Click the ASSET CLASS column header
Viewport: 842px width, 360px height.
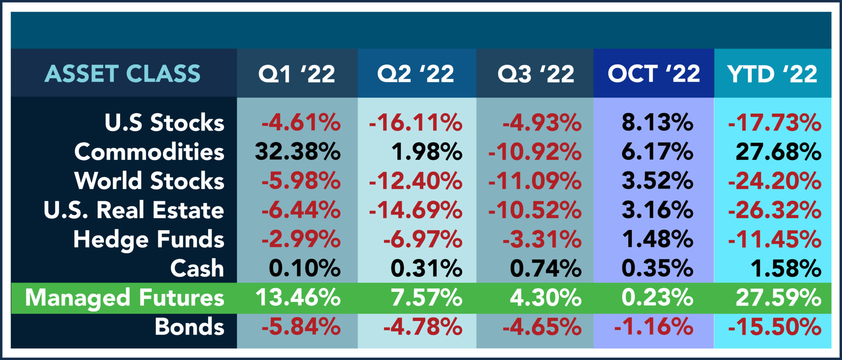click(x=123, y=74)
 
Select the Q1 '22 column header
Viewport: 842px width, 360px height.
click(x=297, y=74)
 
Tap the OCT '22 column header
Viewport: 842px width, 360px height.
click(x=654, y=74)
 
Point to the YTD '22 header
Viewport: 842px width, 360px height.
click(x=772, y=74)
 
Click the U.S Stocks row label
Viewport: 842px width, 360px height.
click(x=164, y=122)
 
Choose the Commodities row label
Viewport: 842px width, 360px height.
click(x=149, y=152)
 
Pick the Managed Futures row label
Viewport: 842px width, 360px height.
click(x=125, y=298)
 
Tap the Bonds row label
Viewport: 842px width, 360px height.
click(x=190, y=327)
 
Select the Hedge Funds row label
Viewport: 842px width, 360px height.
click(x=149, y=239)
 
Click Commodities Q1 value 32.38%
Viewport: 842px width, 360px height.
click(x=298, y=152)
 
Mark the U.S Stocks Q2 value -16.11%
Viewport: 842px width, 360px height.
click(x=416, y=122)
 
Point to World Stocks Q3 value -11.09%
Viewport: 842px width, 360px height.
click(x=535, y=181)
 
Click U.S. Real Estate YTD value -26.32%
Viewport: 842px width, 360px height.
click(x=775, y=210)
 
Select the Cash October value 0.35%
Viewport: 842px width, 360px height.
click(x=657, y=268)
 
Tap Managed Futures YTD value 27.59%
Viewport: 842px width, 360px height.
click(x=778, y=298)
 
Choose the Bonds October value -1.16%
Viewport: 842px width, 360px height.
click(x=654, y=327)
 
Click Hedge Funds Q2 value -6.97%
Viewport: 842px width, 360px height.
click(x=423, y=239)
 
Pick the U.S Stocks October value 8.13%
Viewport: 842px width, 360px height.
click(x=657, y=122)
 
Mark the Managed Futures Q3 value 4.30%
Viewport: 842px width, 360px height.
click(x=546, y=298)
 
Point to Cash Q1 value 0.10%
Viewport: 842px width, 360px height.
click(x=305, y=268)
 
